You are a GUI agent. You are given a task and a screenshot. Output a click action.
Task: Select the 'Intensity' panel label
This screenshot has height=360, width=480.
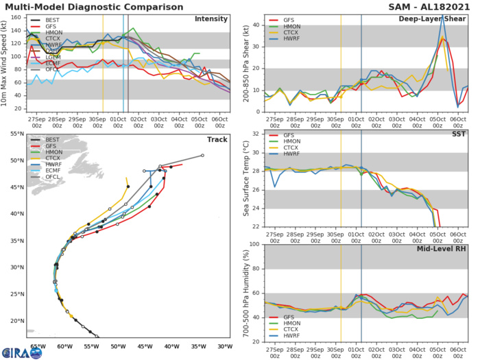click(211, 19)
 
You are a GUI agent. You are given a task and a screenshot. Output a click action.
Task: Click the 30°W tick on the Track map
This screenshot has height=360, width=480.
click(225, 347)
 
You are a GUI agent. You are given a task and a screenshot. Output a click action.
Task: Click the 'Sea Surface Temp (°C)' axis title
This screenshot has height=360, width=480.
click(245, 180)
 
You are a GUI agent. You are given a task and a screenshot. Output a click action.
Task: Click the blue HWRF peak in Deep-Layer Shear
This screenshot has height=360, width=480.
click(442, 16)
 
